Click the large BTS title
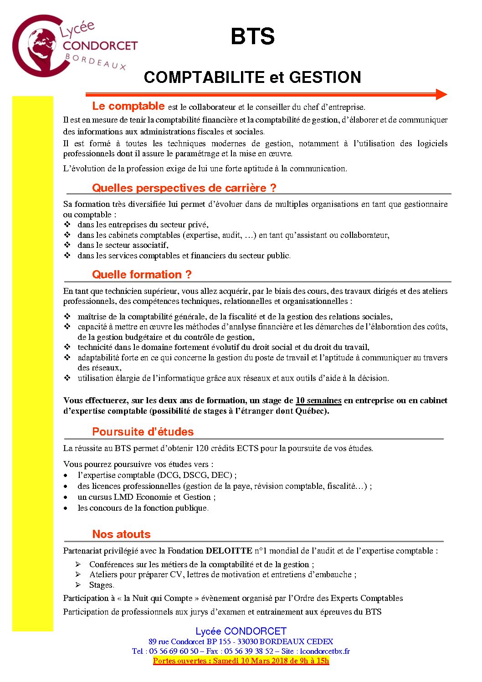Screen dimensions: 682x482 (x=252, y=37)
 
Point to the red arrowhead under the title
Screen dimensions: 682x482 (x=441, y=94)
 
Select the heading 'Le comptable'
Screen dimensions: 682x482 (x=128, y=106)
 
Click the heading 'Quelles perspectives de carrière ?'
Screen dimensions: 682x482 (x=184, y=188)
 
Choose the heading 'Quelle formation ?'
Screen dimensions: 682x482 (x=142, y=274)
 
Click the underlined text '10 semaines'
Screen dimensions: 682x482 (x=318, y=400)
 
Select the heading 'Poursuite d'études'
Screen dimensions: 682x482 (x=143, y=431)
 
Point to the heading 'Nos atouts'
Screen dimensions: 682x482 (x=121, y=534)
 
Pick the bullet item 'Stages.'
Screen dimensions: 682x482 (x=102, y=585)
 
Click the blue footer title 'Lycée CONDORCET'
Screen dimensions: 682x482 (x=241, y=631)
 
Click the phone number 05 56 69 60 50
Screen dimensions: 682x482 (x=174, y=651)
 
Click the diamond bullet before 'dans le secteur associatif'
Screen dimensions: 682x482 (x=67, y=245)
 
